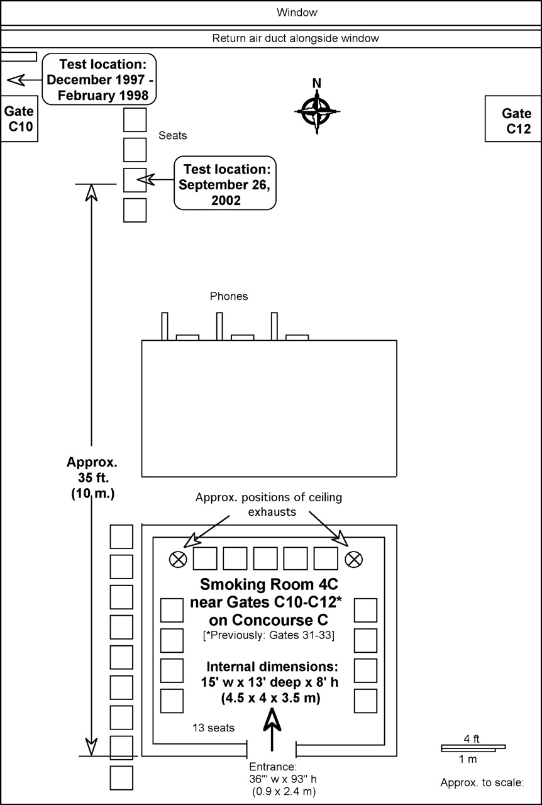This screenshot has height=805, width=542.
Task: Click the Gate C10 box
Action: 19,119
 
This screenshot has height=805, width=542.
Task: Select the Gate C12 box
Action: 513,119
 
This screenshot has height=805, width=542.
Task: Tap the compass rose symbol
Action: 317,111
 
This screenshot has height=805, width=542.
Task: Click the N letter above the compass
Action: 317,84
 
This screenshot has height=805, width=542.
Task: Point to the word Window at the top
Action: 297,13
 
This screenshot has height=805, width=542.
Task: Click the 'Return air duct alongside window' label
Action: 296,38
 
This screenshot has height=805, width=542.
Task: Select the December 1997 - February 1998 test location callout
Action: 99,79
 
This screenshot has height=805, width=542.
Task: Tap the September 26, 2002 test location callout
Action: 225,183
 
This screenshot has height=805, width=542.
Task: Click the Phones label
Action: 229,296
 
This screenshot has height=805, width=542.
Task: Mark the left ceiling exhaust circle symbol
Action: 178,560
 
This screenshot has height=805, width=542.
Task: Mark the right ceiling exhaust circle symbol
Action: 353,560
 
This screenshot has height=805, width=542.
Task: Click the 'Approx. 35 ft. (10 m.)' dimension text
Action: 92,478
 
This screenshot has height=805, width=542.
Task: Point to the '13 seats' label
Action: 213,728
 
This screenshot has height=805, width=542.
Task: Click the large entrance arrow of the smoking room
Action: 272,730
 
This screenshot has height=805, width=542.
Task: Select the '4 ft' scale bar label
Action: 472,739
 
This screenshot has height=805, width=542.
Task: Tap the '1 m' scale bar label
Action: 468,759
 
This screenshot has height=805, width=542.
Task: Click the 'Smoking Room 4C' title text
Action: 269,584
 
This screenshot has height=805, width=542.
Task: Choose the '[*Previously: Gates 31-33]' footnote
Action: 269,635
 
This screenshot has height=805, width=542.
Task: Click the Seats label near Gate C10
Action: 172,135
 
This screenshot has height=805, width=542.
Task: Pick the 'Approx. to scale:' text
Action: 482,782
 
